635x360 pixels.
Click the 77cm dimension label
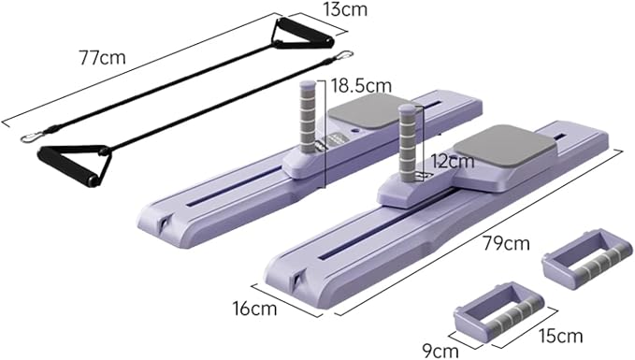click(103, 57)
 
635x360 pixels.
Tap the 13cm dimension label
click(345, 9)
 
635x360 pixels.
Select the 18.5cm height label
click(362, 86)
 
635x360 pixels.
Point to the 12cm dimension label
click(453, 161)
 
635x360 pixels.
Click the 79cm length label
click(506, 243)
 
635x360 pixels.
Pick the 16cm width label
click(254, 309)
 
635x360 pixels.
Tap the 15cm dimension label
click(560, 336)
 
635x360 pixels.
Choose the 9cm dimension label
click(440, 351)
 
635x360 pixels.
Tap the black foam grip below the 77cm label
click(67, 166)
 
